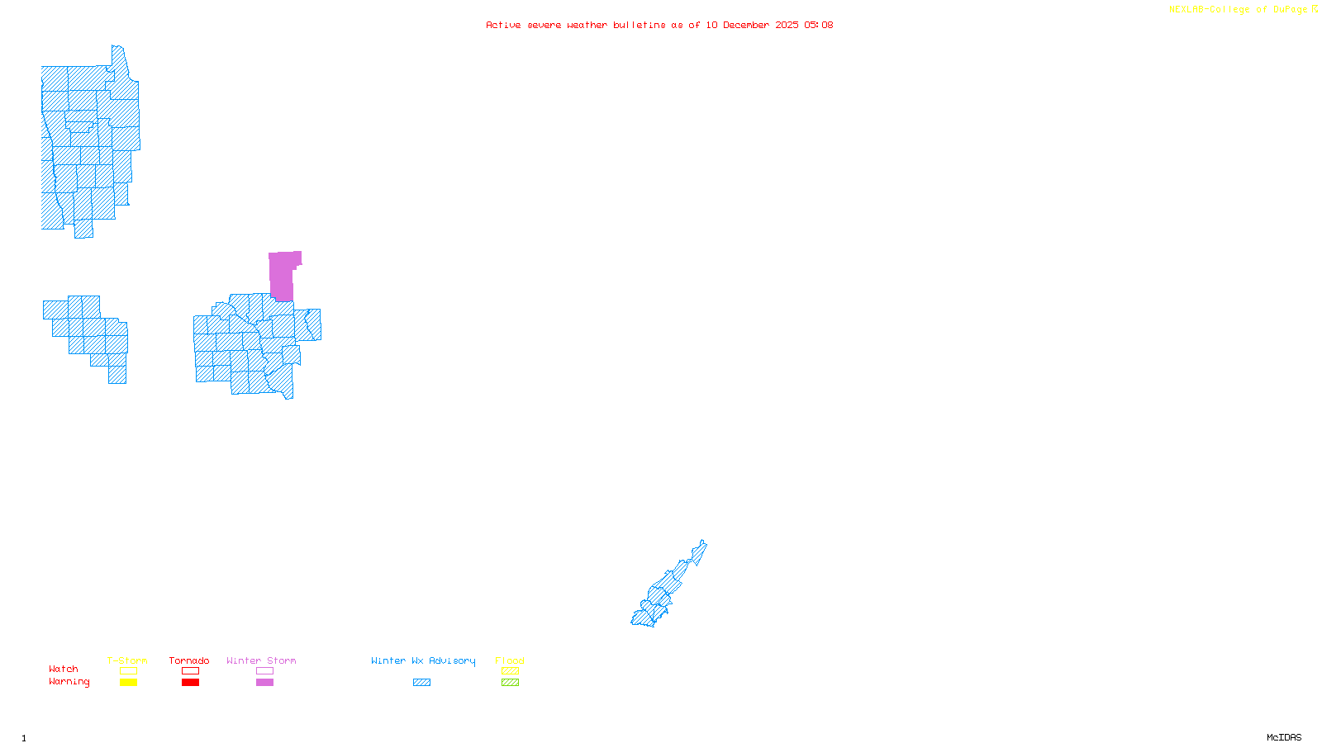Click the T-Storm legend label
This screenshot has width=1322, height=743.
[127, 660]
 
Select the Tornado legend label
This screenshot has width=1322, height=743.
[189, 660]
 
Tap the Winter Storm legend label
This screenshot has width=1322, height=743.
[261, 660]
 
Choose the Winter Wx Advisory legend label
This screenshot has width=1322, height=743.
[423, 660]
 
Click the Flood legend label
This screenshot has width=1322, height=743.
[510, 660]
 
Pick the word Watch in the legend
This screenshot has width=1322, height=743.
[64, 669]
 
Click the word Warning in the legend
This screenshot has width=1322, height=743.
[69, 682]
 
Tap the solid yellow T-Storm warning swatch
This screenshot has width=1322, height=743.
[128, 683]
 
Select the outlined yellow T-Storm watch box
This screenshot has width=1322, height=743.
[128, 671]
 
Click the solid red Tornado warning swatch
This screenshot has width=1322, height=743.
[190, 683]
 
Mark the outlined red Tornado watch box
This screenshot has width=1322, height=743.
[190, 671]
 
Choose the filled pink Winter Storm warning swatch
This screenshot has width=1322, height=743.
[264, 683]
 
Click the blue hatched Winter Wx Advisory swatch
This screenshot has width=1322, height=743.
[421, 683]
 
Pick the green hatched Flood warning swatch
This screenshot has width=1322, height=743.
[510, 683]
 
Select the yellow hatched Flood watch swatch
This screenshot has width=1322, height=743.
[510, 671]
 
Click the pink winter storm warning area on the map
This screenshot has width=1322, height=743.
[281, 275]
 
